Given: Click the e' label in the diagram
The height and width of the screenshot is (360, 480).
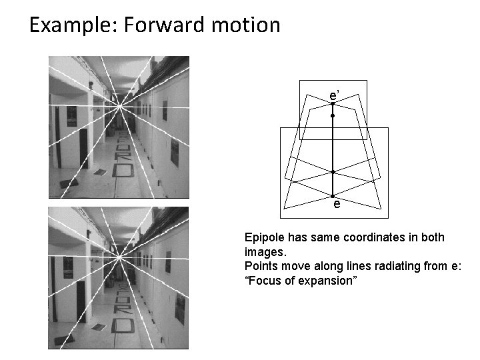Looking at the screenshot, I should point(335,97).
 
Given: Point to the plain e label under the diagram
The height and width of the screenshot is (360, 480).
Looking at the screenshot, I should point(337,205).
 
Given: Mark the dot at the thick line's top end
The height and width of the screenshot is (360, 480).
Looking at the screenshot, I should point(333,103).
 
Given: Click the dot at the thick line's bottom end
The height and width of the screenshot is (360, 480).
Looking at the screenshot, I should point(333,196).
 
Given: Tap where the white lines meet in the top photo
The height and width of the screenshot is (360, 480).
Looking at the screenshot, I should point(119,105).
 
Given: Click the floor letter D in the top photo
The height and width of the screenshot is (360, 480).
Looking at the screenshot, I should point(123,171).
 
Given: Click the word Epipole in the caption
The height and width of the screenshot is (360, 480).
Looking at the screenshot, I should point(263,238).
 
